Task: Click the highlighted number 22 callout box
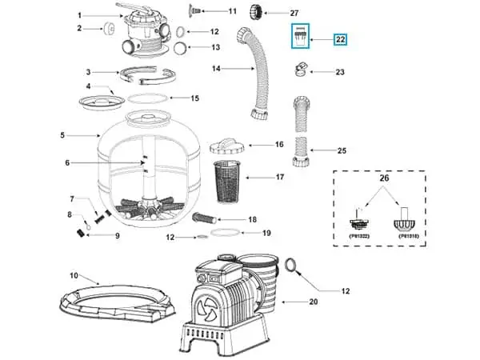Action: (x=341, y=39)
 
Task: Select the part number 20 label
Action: (x=313, y=302)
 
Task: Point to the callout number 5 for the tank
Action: (x=62, y=135)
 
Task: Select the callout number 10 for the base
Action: (x=74, y=276)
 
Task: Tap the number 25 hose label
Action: (x=342, y=150)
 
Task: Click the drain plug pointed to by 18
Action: (x=205, y=218)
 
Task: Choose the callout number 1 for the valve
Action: (x=80, y=15)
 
